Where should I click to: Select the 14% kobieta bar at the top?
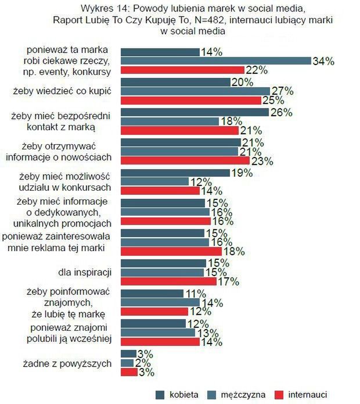coord(160,51)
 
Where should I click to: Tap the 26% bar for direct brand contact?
coord(194,112)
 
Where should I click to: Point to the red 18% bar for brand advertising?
coord(171,251)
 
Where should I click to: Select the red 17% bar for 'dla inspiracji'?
coord(168,281)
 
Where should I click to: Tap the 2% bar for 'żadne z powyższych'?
coord(127,363)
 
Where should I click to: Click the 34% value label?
coord(324,60)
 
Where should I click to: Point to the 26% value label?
coord(281,112)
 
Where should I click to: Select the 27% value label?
coord(283,91)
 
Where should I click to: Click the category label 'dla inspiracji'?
coord(85,271)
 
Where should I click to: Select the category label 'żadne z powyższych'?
coord(75,363)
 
